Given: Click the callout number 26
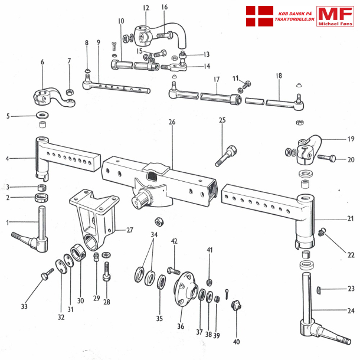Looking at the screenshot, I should point(172,122).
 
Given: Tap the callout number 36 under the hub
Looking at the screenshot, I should point(181,326).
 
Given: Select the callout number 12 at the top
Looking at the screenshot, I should point(146,8).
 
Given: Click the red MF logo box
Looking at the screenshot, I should point(335,16).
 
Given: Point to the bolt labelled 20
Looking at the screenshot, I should point(327,158).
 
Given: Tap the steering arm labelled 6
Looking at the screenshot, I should point(50,95).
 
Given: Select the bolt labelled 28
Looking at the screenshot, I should point(107,273).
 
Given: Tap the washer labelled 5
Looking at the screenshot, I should point(42,114).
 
